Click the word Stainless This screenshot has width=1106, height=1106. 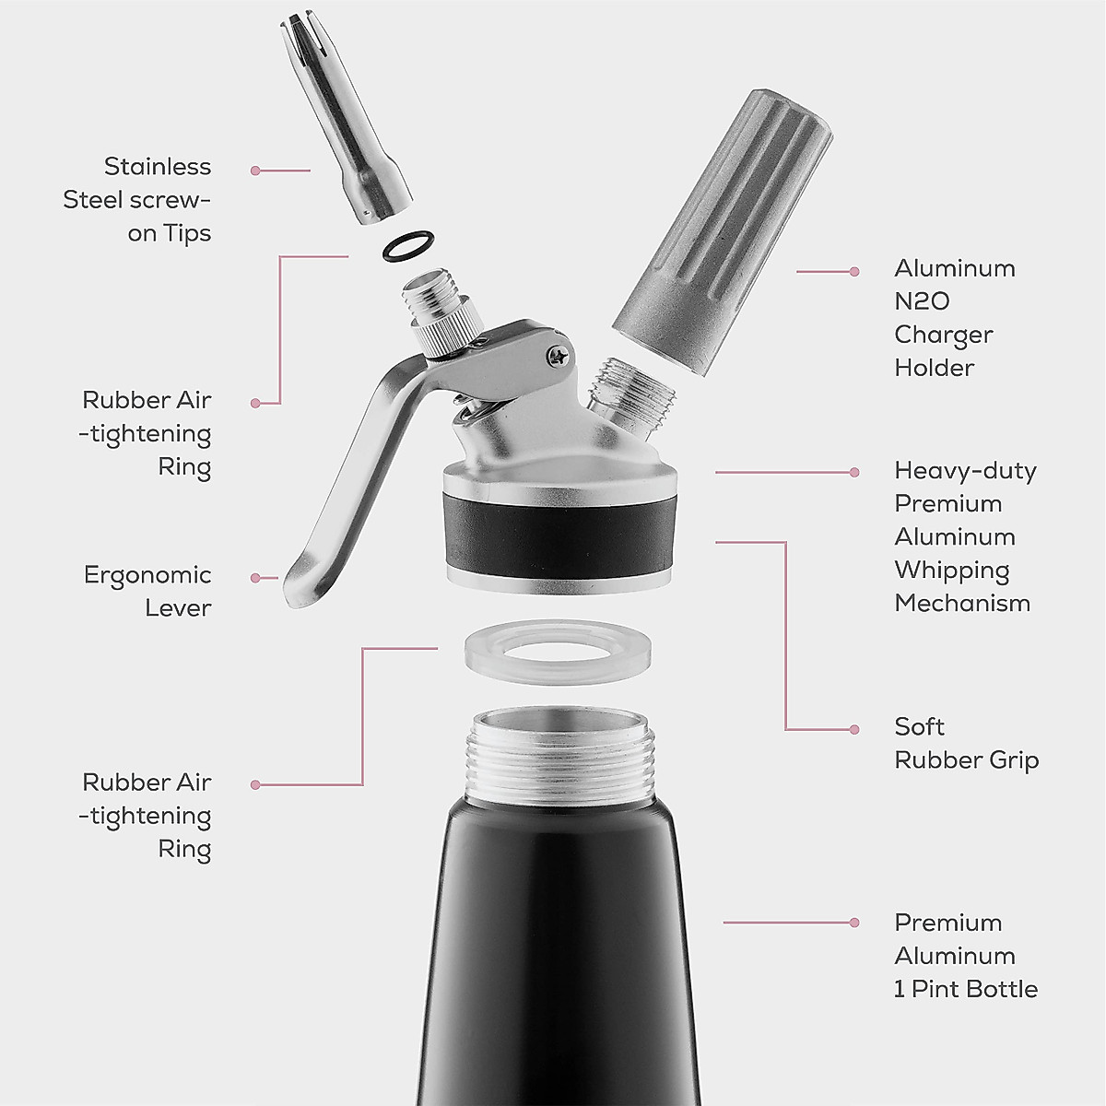point(158,167)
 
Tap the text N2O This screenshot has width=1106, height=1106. point(922,301)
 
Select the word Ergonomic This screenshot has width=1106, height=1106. point(147,575)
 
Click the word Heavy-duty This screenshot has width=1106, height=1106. point(965,471)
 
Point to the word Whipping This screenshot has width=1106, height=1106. point(951,571)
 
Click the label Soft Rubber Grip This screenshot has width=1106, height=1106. point(966,743)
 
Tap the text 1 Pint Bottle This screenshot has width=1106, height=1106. point(966,989)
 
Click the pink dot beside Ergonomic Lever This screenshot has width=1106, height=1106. point(255,578)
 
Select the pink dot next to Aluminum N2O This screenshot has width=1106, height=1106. point(854,272)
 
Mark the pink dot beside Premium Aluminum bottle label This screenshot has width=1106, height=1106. point(854,923)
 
